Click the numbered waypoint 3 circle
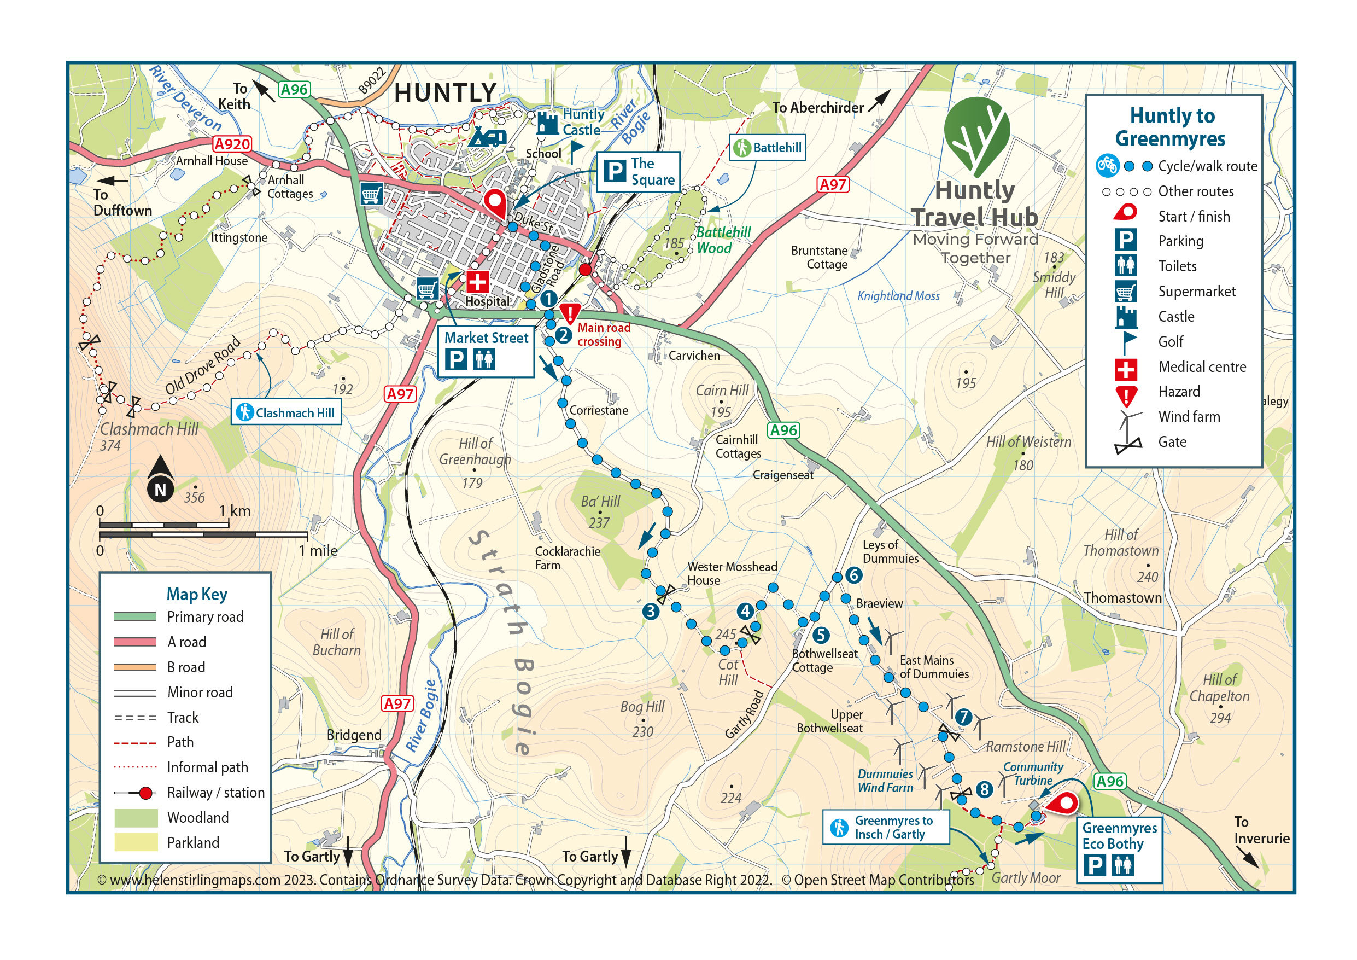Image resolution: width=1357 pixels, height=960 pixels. (x=651, y=611)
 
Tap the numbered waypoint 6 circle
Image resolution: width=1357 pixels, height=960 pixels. (x=853, y=575)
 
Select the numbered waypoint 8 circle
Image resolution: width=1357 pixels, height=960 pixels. (x=984, y=789)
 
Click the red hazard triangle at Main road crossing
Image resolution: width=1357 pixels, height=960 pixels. (x=570, y=313)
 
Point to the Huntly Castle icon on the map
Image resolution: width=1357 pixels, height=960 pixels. (x=547, y=124)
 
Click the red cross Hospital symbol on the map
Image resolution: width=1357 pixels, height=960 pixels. (x=477, y=282)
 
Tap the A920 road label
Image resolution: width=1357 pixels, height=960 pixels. (x=232, y=144)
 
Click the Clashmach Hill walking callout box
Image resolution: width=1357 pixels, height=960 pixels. (x=286, y=412)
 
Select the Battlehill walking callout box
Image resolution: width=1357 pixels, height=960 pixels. (x=768, y=147)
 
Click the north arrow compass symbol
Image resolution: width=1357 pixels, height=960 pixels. (x=160, y=480)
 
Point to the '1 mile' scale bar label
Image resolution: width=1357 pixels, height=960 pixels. (x=318, y=551)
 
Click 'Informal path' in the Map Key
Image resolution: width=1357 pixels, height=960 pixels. (x=207, y=767)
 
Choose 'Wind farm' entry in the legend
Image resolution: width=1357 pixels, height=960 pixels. (x=1189, y=416)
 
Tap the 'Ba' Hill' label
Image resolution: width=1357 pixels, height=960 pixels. (x=600, y=501)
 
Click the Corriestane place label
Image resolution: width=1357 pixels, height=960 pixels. (x=598, y=410)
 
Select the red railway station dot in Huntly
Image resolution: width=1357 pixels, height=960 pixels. (x=585, y=270)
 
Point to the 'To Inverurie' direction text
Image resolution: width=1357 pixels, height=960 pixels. (x=1261, y=830)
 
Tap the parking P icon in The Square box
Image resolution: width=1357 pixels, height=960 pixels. (x=615, y=172)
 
